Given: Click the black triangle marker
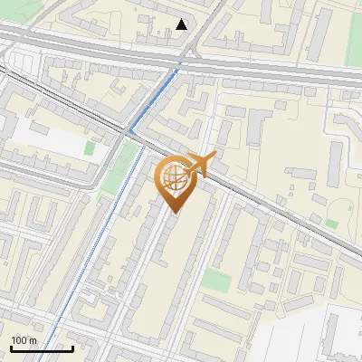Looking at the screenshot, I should coord(182,24).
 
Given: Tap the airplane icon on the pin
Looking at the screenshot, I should coord(202,163).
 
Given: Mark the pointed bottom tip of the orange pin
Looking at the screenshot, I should coord(174,212).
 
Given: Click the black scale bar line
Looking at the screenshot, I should coord(42,348).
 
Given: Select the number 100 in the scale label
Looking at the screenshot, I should coord(19,340).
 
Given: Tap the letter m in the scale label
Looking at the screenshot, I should coord(33,340).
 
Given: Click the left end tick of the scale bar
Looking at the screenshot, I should coord(11,347).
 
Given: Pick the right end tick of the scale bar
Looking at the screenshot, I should coord(72,347).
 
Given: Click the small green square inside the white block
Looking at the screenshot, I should coord(90,147).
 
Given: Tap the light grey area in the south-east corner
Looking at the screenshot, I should coord(317,339).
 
